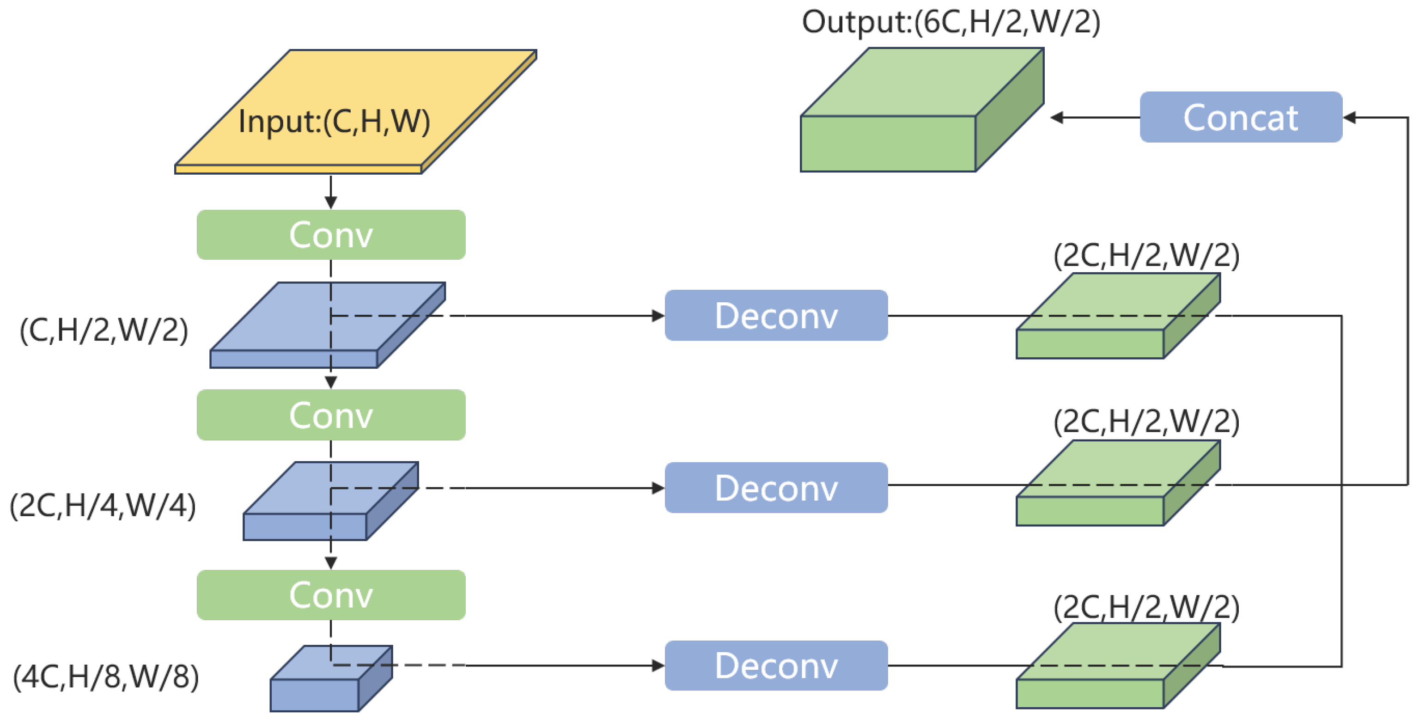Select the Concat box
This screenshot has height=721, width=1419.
(1241, 117)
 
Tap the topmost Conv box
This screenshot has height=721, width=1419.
(330, 235)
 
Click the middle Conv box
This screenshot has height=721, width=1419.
(330, 415)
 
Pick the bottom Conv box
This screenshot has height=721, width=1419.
(330, 595)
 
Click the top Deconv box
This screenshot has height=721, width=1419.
(776, 316)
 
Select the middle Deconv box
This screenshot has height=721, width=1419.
(776, 488)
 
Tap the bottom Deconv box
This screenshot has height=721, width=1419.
(776, 666)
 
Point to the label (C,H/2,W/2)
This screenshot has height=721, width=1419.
(104, 330)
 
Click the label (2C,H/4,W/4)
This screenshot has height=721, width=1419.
(103, 506)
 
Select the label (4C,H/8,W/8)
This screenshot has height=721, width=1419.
(106, 677)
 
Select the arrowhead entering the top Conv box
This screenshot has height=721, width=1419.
(330, 202)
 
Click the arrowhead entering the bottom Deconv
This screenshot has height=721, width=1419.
(658, 666)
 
